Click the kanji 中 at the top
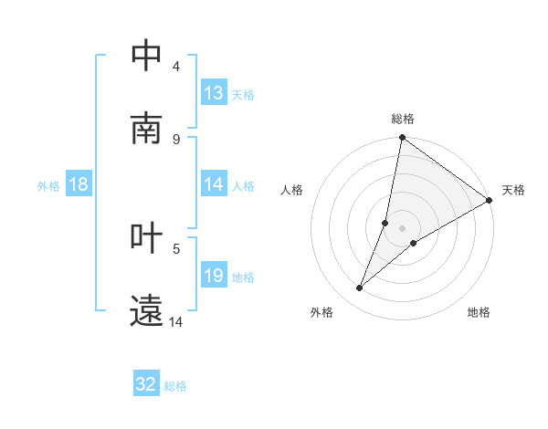pyautogui.click(x=147, y=56)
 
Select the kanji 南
pyautogui.click(x=147, y=129)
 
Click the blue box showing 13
pyautogui.click(x=214, y=93)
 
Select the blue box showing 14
pyautogui.click(x=214, y=184)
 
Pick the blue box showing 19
pyautogui.click(x=214, y=276)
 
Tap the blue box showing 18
pyautogui.click(x=79, y=184)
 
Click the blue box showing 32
pyautogui.click(x=146, y=385)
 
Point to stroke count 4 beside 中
pyautogui.click(x=176, y=66)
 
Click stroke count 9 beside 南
pyautogui.click(x=176, y=139)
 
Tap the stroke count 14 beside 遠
pyautogui.click(x=176, y=321)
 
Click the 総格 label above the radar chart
pyautogui.click(x=403, y=119)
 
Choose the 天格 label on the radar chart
pyautogui.click(x=513, y=190)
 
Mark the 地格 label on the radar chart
pyautogui.click(x=479, y=312)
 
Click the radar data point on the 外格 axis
pyautogui.click(x=360, y=288)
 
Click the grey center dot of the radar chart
pyautogui.click(x=403, y=228)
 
